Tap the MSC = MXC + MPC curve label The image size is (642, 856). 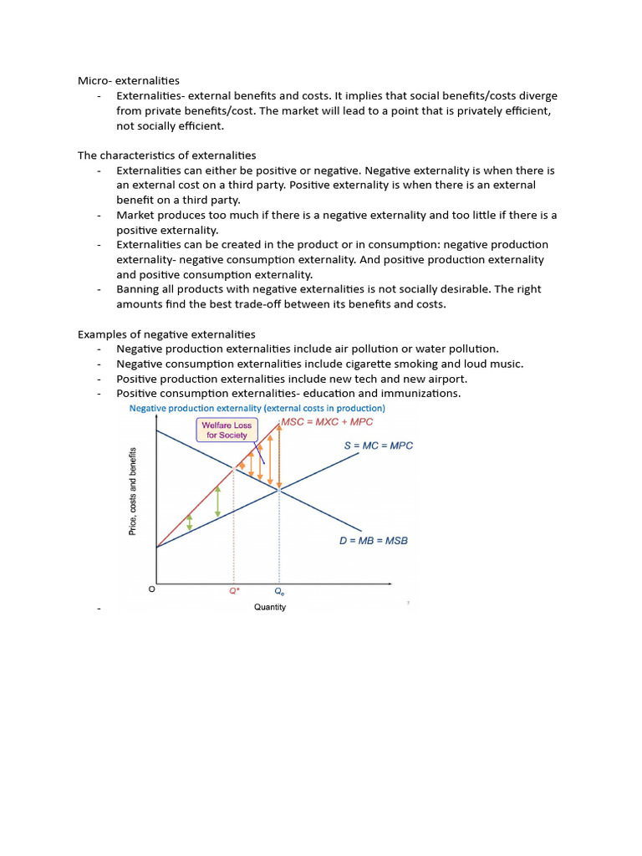click(x=327, y=422)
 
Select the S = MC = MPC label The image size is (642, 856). click(x=378, y=446)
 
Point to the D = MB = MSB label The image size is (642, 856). click(x=373, y=541)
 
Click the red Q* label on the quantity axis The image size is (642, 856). click(x=234, y=590)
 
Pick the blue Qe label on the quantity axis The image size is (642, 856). click(x=279, y=590)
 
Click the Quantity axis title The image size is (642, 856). click(x=270, y=607)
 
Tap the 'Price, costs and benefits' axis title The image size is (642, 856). click(x=133, y=492)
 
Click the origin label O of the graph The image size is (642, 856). click(x=151, y=589)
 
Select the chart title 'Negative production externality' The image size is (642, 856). click(x=256, y=409)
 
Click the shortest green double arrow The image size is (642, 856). click(x=189, y=522)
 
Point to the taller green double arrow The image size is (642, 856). click(x=217, y=501)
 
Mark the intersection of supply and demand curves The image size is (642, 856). click(x=279, y=491)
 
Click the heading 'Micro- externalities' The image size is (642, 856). click(x=129, y=81)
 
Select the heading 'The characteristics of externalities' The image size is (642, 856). click(x=167, y=155)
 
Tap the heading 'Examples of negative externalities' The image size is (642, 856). click(x=166, y=334)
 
